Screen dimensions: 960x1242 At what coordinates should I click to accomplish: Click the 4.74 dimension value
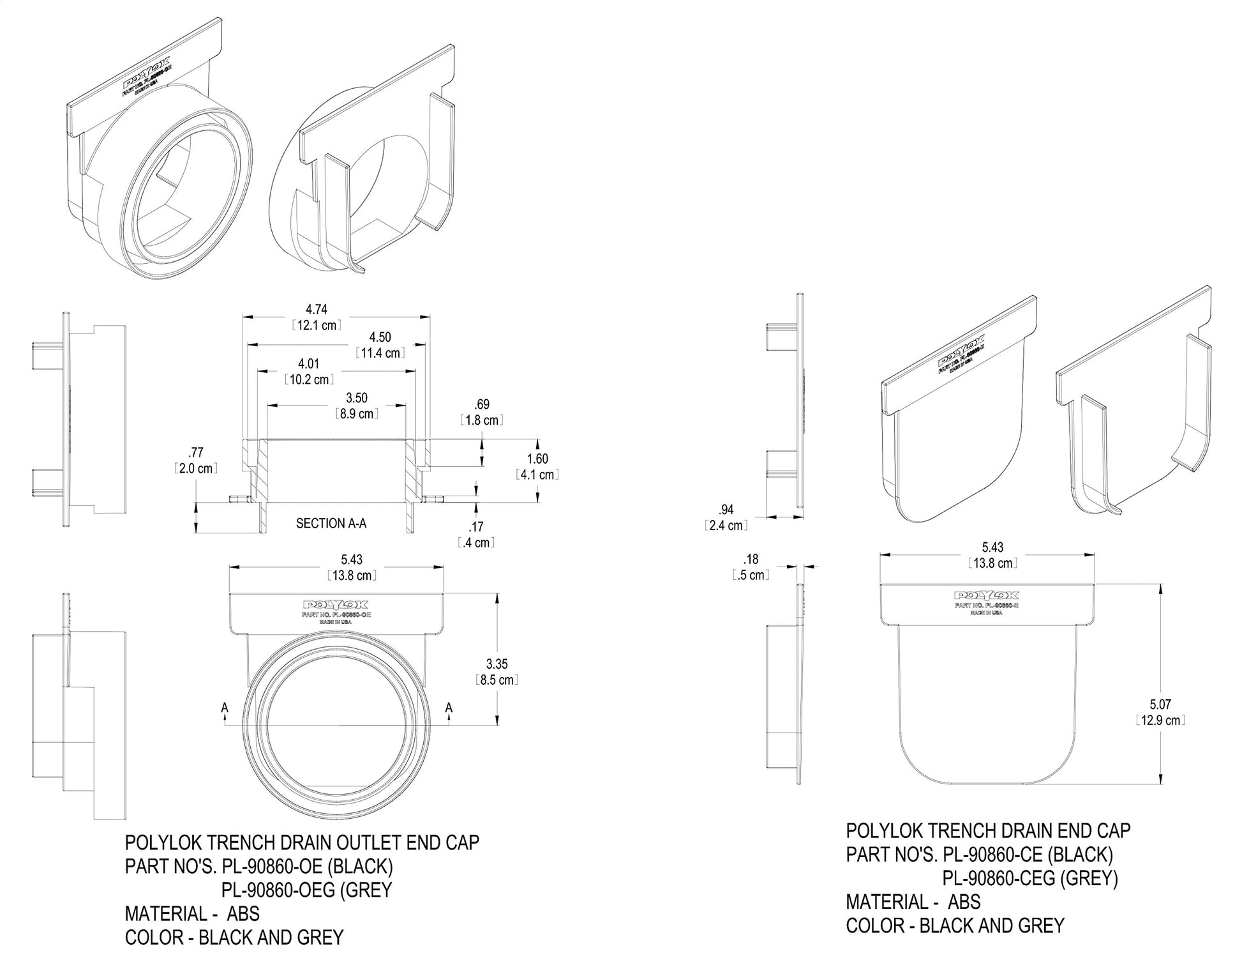317,310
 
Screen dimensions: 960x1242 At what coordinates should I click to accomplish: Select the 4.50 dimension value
380,337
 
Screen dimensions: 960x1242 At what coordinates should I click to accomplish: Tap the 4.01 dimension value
308,364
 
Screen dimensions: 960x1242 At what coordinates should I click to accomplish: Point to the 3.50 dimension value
357,399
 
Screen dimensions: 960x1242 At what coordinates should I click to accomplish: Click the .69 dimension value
482,404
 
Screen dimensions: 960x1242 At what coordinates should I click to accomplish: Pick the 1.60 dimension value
537,459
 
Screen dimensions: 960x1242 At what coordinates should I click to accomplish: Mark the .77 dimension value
196,453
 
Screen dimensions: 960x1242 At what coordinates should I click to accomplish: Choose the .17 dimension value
475,527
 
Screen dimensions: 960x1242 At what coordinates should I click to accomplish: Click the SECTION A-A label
331,524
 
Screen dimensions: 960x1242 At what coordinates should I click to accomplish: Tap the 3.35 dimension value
497,664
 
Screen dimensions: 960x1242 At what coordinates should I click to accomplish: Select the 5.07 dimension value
1160,705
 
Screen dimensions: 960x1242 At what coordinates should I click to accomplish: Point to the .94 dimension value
726,510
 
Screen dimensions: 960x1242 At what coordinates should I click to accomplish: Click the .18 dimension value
751,560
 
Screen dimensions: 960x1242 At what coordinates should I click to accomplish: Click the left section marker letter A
225,708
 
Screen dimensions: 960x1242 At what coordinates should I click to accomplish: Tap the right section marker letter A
449,708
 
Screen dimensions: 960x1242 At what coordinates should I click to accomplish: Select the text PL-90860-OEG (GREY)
306,890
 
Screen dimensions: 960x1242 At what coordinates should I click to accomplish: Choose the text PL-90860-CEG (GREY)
1030,878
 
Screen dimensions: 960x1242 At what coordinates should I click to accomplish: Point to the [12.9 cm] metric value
1160,720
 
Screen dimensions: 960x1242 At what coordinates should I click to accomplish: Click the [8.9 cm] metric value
357,414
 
